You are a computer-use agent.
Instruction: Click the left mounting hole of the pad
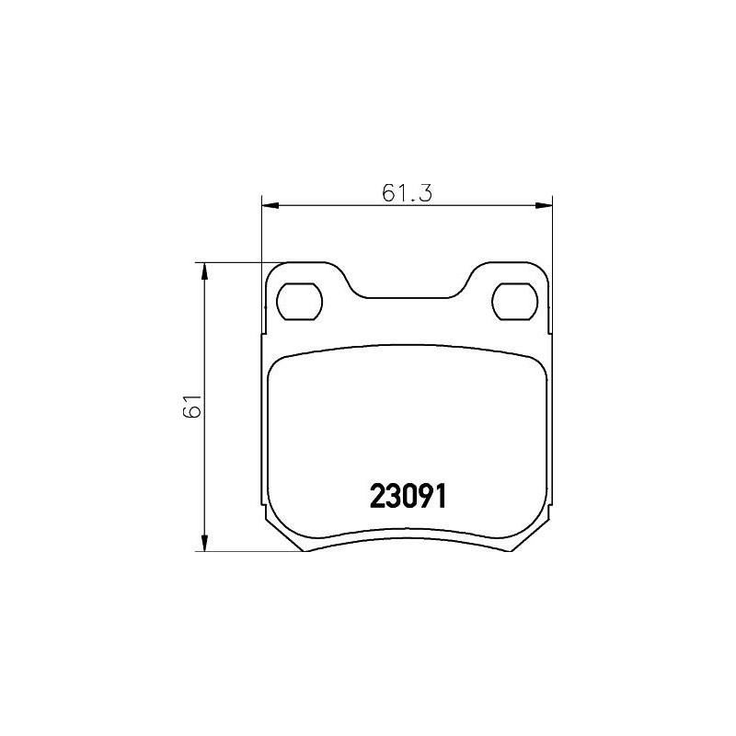tap(300, 301)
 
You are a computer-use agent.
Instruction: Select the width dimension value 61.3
tap(407, 193)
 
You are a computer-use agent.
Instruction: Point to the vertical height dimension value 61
tap(191, 406)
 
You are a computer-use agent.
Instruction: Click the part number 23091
tap(408, 497)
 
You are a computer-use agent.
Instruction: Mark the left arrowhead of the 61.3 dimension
tap(269, 204)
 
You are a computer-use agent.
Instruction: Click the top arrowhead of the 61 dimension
tap(204, 269)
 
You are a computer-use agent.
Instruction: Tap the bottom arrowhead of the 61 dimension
tap(204, 546)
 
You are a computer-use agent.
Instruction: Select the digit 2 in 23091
tap(377, 497)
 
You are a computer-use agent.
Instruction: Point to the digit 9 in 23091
tap(424, 497)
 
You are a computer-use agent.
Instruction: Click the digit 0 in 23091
tap(408, 497)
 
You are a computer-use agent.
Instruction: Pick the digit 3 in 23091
tap(393, 497)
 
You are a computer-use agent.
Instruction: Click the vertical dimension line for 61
tap(204, 460)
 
